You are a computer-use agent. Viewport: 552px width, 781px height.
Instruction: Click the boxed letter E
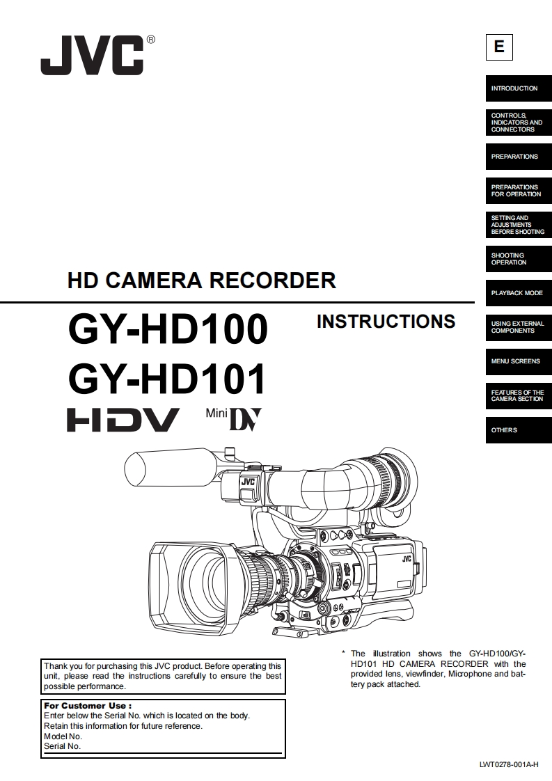[498, 47]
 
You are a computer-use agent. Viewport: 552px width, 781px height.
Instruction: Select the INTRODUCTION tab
[519, 88]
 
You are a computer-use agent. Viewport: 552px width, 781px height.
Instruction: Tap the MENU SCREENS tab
[519, 361]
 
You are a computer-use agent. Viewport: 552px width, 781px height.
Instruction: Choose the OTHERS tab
[519, 430]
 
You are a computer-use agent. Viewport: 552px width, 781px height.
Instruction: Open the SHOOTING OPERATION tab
[519, 258]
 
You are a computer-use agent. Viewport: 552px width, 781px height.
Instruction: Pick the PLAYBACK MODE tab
[519, 293]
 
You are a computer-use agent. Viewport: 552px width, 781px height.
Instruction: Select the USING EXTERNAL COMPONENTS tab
[519, 326]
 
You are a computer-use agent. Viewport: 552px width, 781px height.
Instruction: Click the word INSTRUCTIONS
[386, 322]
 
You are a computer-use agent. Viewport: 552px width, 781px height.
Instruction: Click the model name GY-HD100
[168, 329]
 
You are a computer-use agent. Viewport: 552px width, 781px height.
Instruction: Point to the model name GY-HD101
[167, 379]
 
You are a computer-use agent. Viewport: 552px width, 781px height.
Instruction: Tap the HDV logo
[123, 420]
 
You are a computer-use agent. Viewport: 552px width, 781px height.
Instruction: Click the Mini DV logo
[234, 419]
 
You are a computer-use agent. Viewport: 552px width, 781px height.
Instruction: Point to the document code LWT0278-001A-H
[509, 764]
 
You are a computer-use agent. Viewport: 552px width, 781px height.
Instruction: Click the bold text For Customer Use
[88, 706]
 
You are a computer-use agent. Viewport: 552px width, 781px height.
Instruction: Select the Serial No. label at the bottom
[62, 746]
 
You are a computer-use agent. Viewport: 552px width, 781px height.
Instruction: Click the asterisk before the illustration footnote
[343, 653]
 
